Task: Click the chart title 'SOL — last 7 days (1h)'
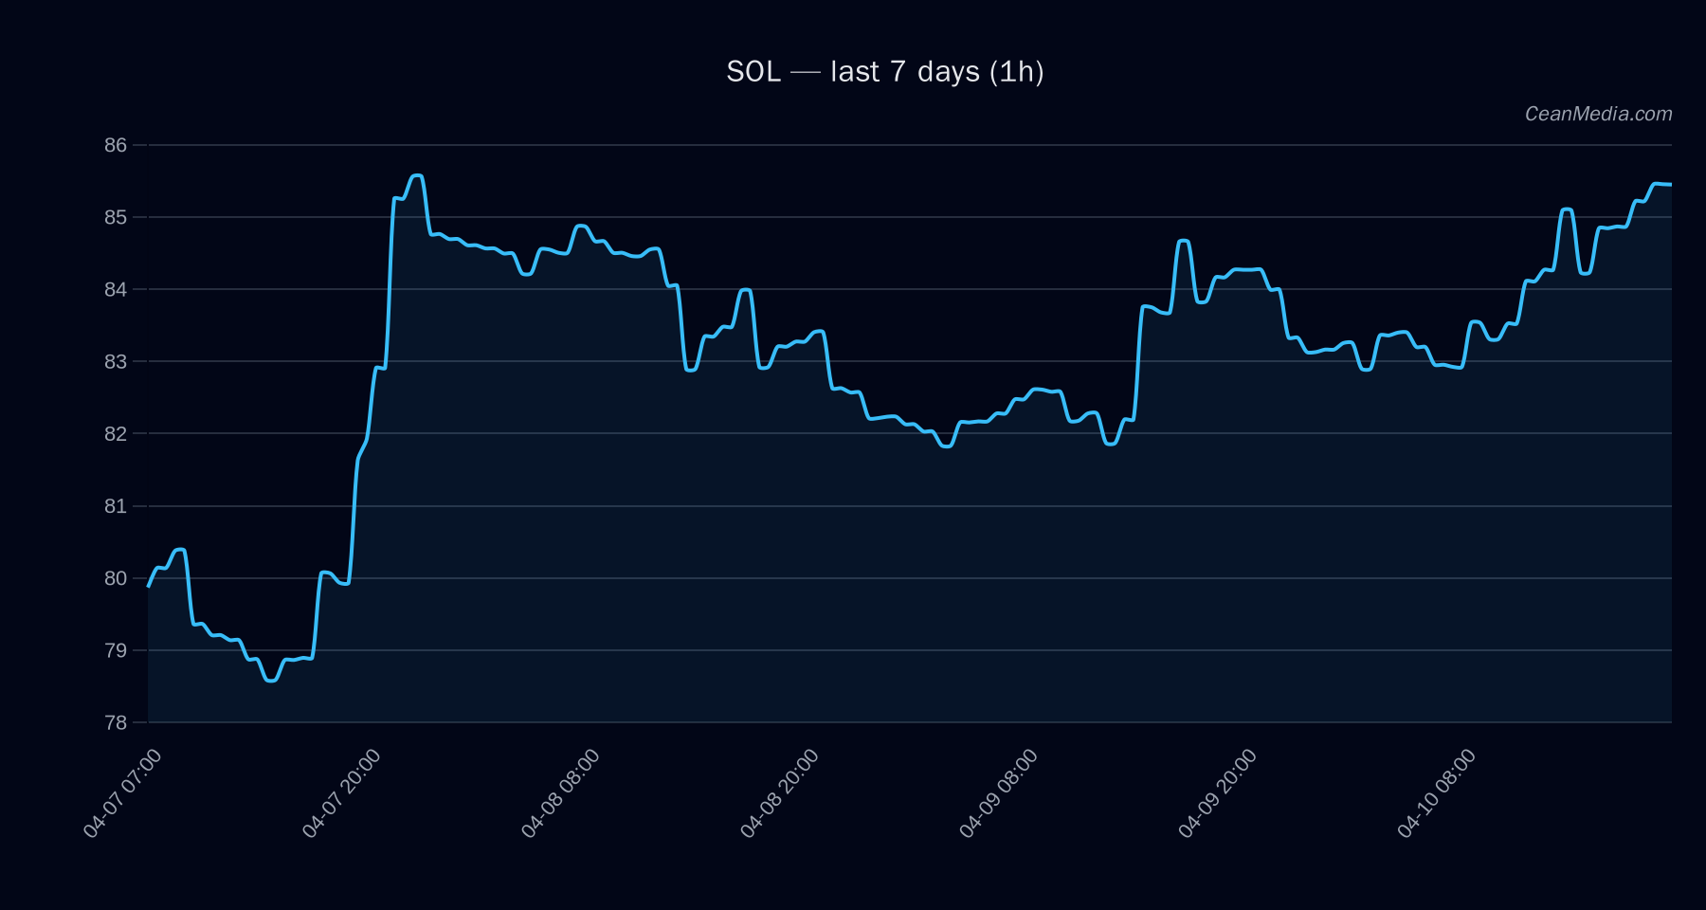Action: tap(884, 72)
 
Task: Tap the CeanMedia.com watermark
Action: tap(1598, 114)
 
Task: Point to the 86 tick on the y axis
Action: tap(116, 145)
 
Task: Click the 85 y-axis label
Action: tap(116, 217)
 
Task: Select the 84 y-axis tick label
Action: tap(116, 289)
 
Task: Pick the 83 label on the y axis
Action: tap(116, 361)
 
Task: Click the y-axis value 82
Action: tap(116, 433)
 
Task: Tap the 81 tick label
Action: tap(116, 506)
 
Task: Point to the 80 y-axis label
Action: tap(116, 578)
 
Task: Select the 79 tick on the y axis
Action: tap(116, 650)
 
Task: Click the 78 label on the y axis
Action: tap(116, 722)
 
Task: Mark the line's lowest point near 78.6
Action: tap(271, 680)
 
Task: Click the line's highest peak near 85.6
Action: tap(416, 175)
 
